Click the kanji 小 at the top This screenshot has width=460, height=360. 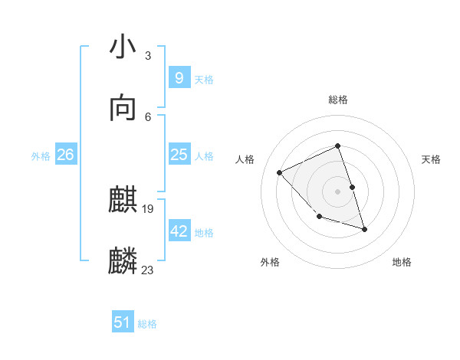pyautogui.click(x=123, y=48)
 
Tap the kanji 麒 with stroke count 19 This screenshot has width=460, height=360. pyautogui.click(x=123, y=201)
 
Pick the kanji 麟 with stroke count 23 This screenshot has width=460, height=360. pyautogui.click(x=123, y=261)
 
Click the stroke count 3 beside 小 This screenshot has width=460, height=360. pyautogui.click(x=147, y=56)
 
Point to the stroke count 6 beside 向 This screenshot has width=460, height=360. pyautogui.click(x=147, y=116)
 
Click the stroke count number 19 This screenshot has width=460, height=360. pyautogui.click(x=149, y=209)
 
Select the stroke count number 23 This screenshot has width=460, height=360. pyautogui.click(x=148, y=270)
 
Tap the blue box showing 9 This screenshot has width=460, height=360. pyautogui.click(x=179, y=78)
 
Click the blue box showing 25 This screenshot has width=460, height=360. pyautogui.click(x=179, y=155)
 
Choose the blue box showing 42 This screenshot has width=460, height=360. pyautogui.click(x=179, y=231)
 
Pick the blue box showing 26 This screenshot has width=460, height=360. pyautogui.click(x=65, y=155)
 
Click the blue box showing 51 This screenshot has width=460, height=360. pyautogui.click(x=123, y=322)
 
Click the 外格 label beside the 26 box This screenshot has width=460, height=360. pyautogui.click(x=41, y=155)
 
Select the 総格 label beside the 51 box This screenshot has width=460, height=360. pyautogui.click(x=147, y=324)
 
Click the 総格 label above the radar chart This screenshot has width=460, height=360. pyautogui.click(x=338, y=100)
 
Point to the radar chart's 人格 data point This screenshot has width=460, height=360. pyautogui.click(x=280, y=172)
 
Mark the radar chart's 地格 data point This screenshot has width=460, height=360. pyautogui.click(x=364, y=229)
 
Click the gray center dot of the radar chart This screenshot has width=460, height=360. pyautogui.click(x=337, y=191)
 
